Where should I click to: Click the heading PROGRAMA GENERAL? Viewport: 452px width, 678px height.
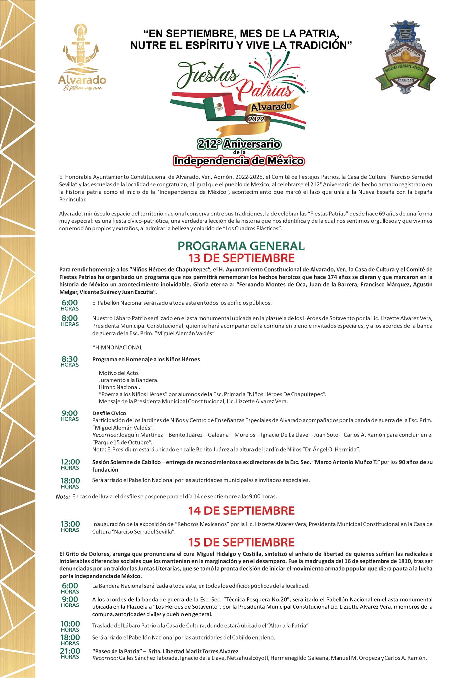click(x=241, y=246)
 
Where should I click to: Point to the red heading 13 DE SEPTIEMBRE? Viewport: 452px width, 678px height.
click(x=241, y=258)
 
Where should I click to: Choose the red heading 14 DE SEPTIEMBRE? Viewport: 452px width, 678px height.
click(x=241, y=510)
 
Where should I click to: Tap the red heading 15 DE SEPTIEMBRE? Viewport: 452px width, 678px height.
click(x=241, y=542)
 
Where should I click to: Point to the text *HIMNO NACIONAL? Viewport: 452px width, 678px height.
click(x=117, y=347)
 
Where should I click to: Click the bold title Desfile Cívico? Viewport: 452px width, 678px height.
click(x=109, y=413)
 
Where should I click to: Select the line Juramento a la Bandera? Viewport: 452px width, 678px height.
click(x=128, y=380)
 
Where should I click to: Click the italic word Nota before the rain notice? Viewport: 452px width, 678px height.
click(x=63, y=496)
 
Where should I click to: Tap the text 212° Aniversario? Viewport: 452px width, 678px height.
click(x=239, y=144)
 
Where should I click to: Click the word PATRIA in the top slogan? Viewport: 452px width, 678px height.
click(x=318, y=33)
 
